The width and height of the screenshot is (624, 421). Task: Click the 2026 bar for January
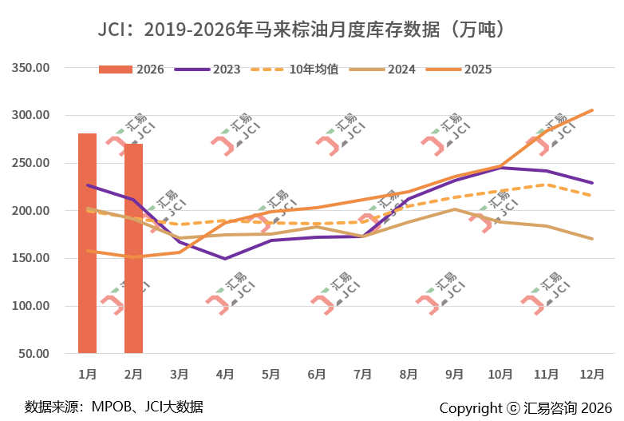click(x=87, y=243)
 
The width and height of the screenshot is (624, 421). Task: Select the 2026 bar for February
click(x=133, y=248)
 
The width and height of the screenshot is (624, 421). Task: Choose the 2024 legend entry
click(x=387, y=69)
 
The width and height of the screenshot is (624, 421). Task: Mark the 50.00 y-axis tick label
click(x=35, y=354)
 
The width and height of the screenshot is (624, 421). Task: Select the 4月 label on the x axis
click(x=225, y=373)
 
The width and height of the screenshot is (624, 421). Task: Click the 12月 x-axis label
click(x=591, y=373)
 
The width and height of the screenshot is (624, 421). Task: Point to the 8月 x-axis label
click(x=409, y=373)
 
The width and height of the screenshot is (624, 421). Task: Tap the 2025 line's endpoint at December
click(x=591, y=110)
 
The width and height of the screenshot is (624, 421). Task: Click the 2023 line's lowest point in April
click(x=225, y=259)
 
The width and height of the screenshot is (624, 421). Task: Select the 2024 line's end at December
click(x=591, y=239)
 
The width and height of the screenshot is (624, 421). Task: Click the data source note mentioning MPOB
click(x=114, y=407)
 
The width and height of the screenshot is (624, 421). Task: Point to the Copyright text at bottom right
click(x=525, y=407)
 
